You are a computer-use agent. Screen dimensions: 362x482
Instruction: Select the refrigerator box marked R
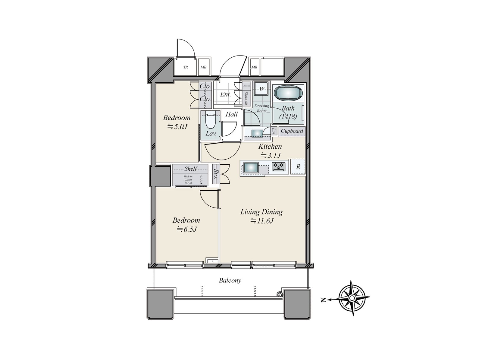coord(298,167)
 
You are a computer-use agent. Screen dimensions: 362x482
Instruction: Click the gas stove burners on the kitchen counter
coord(278,167)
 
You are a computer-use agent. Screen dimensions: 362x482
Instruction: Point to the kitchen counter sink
coord(251,167)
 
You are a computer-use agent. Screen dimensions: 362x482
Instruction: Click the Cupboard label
coord(292,131)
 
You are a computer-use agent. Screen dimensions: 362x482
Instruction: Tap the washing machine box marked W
coord(262,89)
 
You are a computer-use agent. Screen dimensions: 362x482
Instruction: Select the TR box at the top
coord(186,67)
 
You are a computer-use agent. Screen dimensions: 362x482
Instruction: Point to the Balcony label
coord(230,281)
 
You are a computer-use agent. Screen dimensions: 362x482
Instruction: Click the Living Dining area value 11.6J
coord(261,221)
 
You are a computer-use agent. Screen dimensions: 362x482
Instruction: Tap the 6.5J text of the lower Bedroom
coord(186,230)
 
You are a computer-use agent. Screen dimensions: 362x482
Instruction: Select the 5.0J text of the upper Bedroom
coord(177,127)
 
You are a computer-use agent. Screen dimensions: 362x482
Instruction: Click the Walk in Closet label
coord(188,180)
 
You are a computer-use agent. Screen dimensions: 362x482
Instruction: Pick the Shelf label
coord(191,169)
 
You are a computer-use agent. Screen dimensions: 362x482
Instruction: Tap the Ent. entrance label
coord(225,94)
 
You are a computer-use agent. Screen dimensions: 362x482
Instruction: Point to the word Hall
coord(232,114)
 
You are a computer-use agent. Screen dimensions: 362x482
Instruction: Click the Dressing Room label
coord(261,108)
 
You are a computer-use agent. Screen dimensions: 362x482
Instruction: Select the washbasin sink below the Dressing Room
coord(257,133)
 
